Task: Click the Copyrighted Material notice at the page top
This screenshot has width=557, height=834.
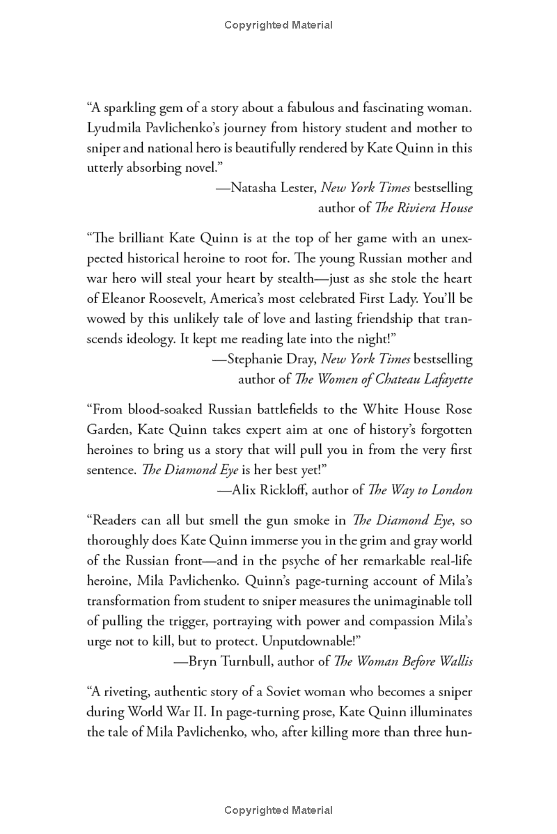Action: tap(278, 25)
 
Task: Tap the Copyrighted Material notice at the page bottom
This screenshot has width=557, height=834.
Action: tap(278, 810)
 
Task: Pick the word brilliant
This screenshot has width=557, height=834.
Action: tap(140, 238)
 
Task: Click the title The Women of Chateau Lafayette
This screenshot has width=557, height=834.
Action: tap(384, 379)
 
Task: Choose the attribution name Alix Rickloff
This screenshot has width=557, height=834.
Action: tap(267, 490)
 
